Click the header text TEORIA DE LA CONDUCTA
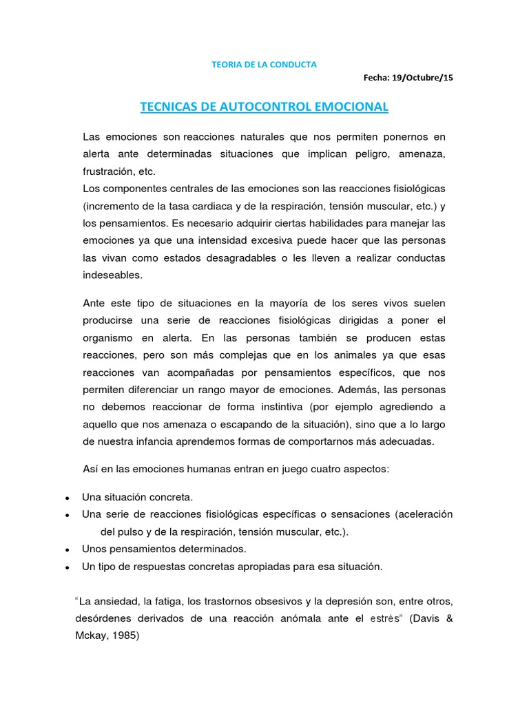pos(264,65)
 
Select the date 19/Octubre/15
pos(423,77)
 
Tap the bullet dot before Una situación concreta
pos(65,498)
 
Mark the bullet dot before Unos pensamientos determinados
pos(65,551)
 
